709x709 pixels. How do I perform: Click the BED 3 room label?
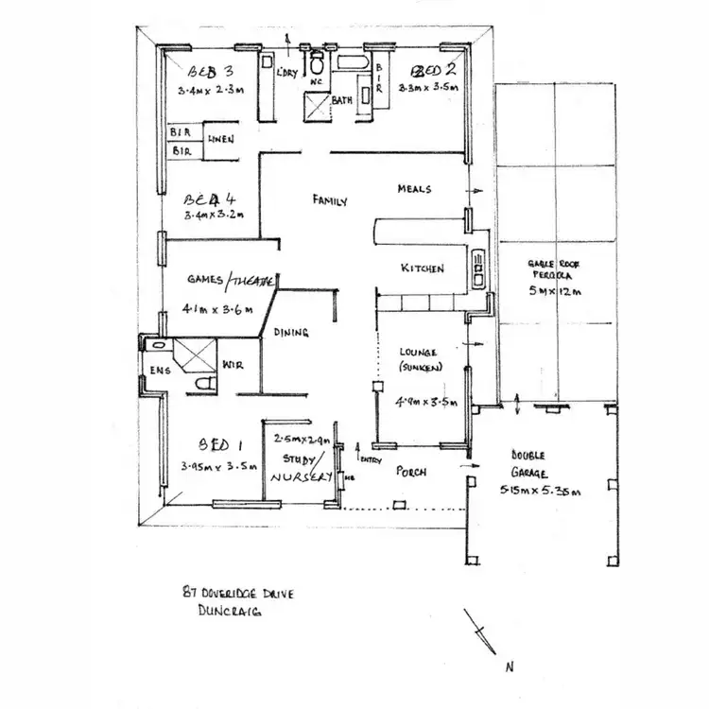point(210,71)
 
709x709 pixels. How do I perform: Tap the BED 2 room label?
point(431,70)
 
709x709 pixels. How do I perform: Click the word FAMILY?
point(330,200)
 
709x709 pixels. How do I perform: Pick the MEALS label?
point(414,189)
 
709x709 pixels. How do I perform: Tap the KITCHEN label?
point(422,269)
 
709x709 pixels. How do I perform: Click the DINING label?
point(291,332)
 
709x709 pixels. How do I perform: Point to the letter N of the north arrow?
point(510,667)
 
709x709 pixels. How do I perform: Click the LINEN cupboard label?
point(220,139)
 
